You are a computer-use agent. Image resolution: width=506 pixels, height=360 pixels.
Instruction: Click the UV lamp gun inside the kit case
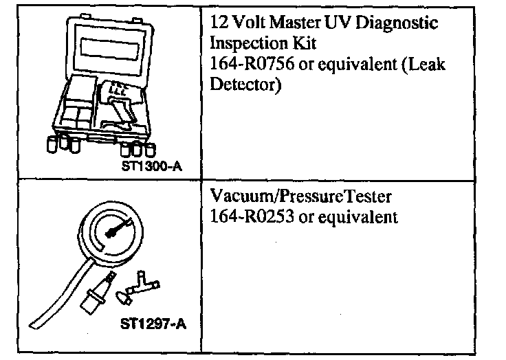coord(124,110)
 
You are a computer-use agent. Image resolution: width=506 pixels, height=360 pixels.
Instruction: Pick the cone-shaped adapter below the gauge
coord(124,298)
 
